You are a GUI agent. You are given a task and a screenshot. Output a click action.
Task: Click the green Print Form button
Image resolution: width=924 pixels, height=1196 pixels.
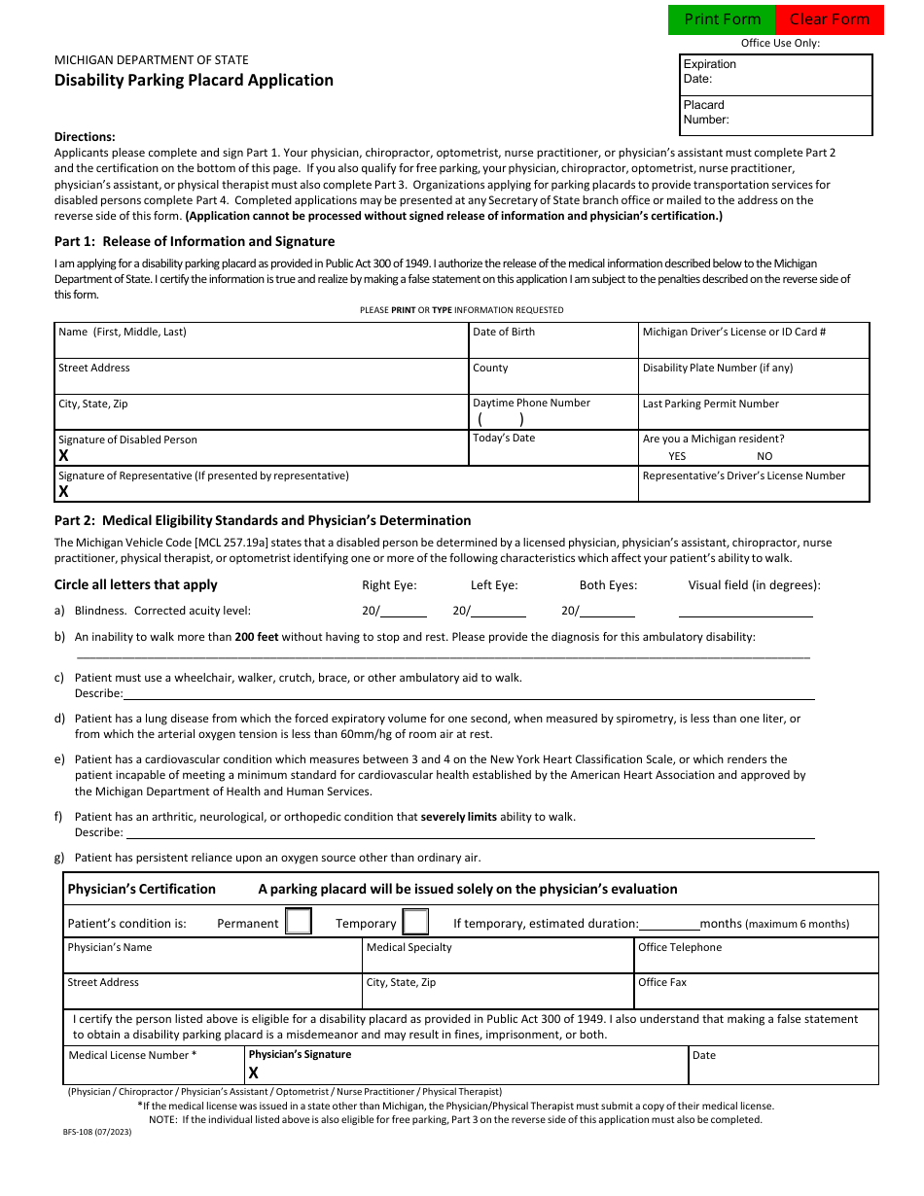tap(722, 19)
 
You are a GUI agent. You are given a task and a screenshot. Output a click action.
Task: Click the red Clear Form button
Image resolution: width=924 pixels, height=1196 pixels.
tap(830, 19)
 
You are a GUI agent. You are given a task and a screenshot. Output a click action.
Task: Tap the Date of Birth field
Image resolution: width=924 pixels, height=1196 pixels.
tap(552, 346)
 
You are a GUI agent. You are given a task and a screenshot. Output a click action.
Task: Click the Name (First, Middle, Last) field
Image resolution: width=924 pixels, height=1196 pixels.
tap(262, 346)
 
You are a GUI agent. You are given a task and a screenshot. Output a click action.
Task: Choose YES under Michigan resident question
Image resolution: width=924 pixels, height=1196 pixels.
tap(677, 456)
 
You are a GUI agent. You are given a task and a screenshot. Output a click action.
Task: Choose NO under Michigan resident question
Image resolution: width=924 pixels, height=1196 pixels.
tap(764, 456)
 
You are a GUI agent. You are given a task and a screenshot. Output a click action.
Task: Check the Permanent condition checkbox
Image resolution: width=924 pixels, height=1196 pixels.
tap(299, 922)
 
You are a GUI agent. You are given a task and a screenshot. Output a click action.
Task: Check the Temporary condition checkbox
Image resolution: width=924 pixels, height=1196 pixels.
tap(415, 922)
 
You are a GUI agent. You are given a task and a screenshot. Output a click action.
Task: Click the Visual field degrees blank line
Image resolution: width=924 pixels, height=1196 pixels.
tap(745, 612)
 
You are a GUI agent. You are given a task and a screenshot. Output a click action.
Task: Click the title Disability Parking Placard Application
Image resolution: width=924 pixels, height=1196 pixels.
tap(194, 80)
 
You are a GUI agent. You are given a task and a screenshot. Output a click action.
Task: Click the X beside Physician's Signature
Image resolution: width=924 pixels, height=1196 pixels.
tap(254, 1073)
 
